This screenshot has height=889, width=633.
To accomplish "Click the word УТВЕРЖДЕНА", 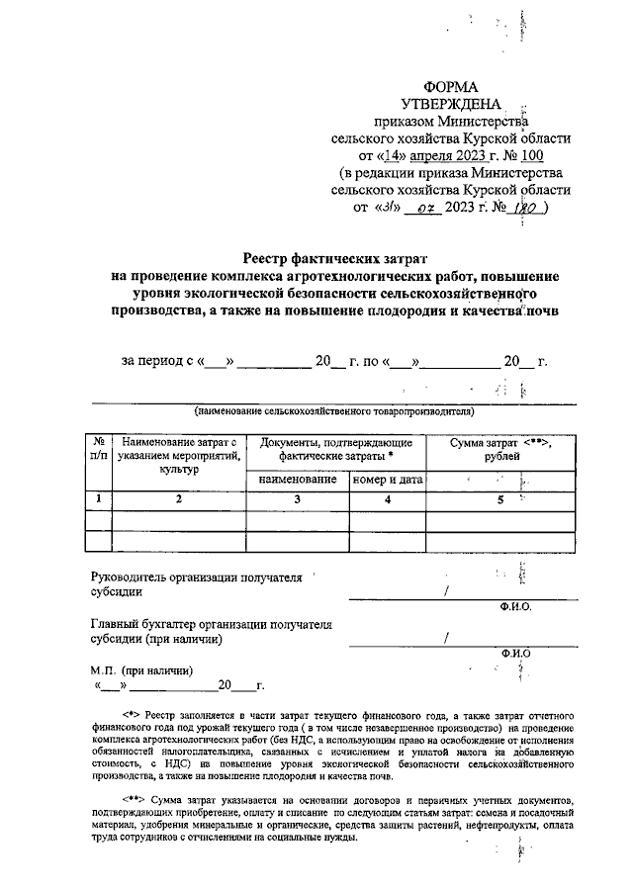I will click(450, 104).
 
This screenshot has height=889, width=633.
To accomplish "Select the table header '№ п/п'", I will click(99, 450).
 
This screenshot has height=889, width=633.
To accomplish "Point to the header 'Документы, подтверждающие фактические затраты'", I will click(335, 450).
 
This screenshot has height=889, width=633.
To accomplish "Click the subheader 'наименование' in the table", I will click(295, 480).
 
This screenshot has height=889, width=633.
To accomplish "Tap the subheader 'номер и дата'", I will click(387, 480).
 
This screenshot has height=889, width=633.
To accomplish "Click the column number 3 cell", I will click(295, 500).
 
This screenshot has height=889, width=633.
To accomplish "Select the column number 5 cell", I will click(500, 500).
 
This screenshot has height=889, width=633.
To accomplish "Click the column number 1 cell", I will click(99, 500).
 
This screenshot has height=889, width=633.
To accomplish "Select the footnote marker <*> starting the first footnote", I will click(132, 713).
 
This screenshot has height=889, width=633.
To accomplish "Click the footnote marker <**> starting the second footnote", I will click(135, 797).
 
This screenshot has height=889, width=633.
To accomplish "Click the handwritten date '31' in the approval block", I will click(386, 208).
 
